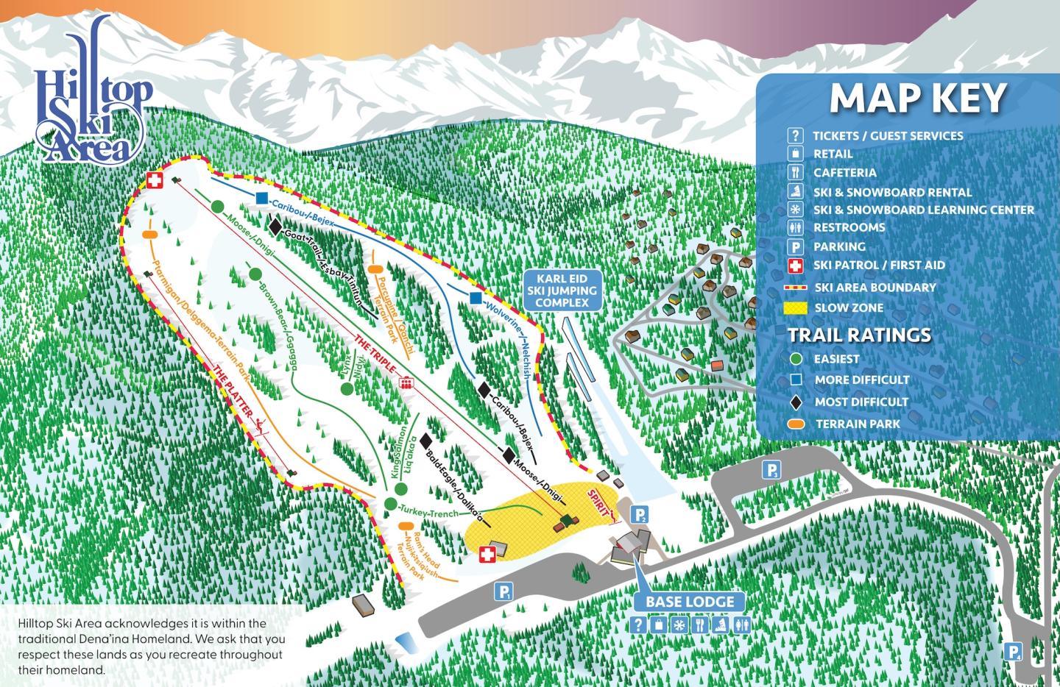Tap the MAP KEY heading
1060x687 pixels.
click(918, 99)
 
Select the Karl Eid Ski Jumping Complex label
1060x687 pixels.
click(562, 291)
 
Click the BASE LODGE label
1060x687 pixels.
click(690, 602)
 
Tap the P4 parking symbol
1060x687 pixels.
click(1014, 651)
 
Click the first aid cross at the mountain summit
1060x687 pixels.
click(155, 180)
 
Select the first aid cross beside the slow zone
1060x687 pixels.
click(487, 554)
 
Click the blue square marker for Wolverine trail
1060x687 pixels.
click(476, 298)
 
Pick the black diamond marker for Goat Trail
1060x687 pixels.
click(275, 228)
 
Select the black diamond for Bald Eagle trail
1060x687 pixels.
click(425, 441)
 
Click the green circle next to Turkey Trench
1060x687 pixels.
click(389, 504)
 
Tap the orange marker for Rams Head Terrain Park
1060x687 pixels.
click(404, 527)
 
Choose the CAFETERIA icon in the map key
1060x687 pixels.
click(795, 173)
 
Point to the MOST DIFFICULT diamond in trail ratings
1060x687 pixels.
click(796, 402)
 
